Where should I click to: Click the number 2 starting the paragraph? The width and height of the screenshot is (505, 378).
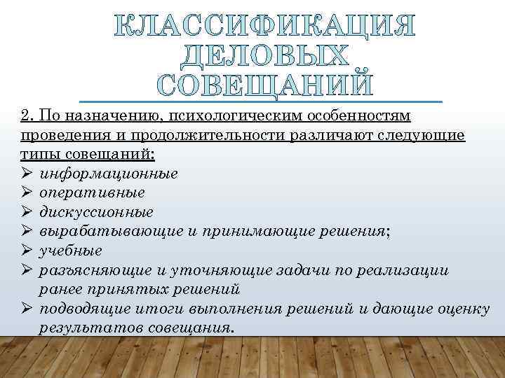point(26,115)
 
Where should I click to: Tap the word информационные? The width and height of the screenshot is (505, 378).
point(108,173)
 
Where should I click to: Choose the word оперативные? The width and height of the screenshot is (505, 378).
point(93,192)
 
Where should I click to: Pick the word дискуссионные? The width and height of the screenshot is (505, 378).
point(97,211)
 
